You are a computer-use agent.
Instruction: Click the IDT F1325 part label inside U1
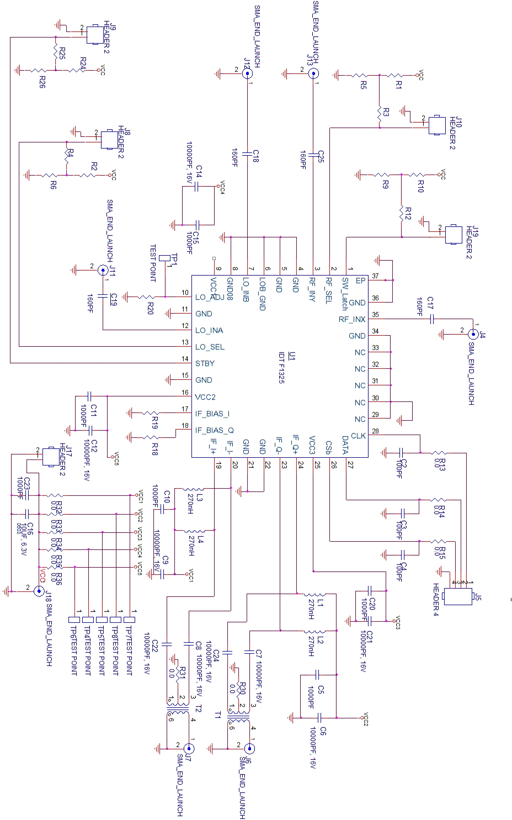(x=281, y=367)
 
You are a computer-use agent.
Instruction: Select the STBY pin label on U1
(x=205, y=364)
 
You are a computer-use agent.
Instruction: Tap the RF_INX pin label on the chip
(x=352, y=319)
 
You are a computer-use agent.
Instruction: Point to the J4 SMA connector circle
(x=473, y=334)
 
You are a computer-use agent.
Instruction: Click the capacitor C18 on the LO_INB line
(x=247, y=152)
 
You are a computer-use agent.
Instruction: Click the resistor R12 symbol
(x=402, y=213)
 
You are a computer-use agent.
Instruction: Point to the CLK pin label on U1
(x=358, y=436)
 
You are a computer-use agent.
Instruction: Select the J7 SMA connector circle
(x=189, y=749)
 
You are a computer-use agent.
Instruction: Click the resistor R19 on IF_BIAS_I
(x=151, y=413)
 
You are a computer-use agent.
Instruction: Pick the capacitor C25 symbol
(x=313, y=156)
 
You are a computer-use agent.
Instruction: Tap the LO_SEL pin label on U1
(x=210, y=347)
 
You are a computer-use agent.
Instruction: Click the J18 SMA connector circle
(x=39, y=591)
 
